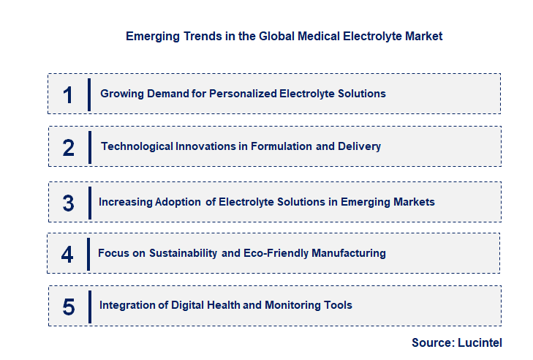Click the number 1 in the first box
[68, 94]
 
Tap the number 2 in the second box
[68, 147]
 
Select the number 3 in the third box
[68, 203]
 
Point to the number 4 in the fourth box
[67, 254]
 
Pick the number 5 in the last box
[68, 306]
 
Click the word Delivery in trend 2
[359, 146]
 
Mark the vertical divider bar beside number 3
[89, 202]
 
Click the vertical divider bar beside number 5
[89, 305]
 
